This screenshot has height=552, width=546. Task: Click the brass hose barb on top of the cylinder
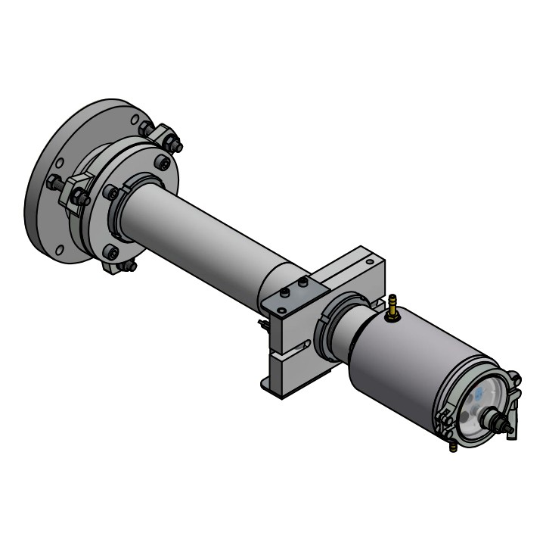392,307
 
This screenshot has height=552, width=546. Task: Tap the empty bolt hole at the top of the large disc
135,119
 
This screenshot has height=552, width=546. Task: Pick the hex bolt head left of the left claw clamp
54,182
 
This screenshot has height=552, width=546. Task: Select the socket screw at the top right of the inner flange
162,161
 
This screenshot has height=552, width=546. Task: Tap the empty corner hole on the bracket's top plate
281,310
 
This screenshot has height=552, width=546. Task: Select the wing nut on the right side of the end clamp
514,378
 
